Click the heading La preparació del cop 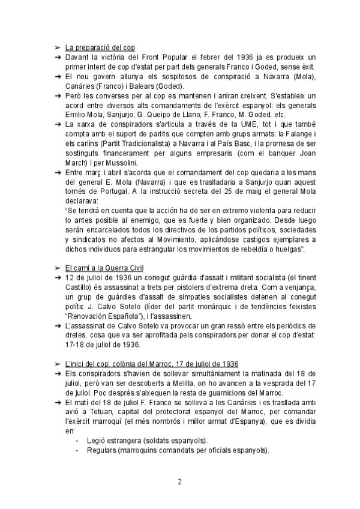coord(100,47)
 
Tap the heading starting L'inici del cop coord(152,364)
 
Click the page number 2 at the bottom coord(179,482)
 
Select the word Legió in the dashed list coord(97,440)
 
